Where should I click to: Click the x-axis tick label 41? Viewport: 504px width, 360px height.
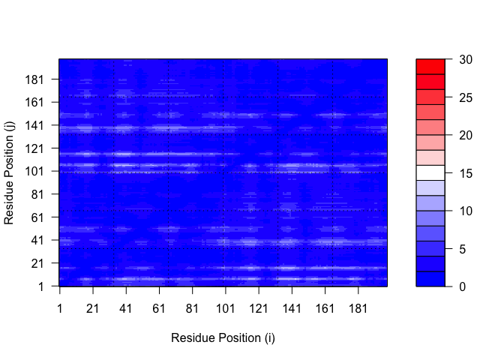coord(126,309)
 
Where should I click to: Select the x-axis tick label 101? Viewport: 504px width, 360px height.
coord(225,309)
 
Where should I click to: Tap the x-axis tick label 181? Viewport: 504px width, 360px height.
coord(358,309)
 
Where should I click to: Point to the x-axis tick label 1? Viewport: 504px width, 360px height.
coord(60,309)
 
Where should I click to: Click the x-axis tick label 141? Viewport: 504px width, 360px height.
coord(291,309)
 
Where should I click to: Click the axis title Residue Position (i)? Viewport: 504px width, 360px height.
coord(223,338)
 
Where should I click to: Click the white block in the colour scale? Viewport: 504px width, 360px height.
coord(430,173)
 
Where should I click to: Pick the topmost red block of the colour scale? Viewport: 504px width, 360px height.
coord(430,67)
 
